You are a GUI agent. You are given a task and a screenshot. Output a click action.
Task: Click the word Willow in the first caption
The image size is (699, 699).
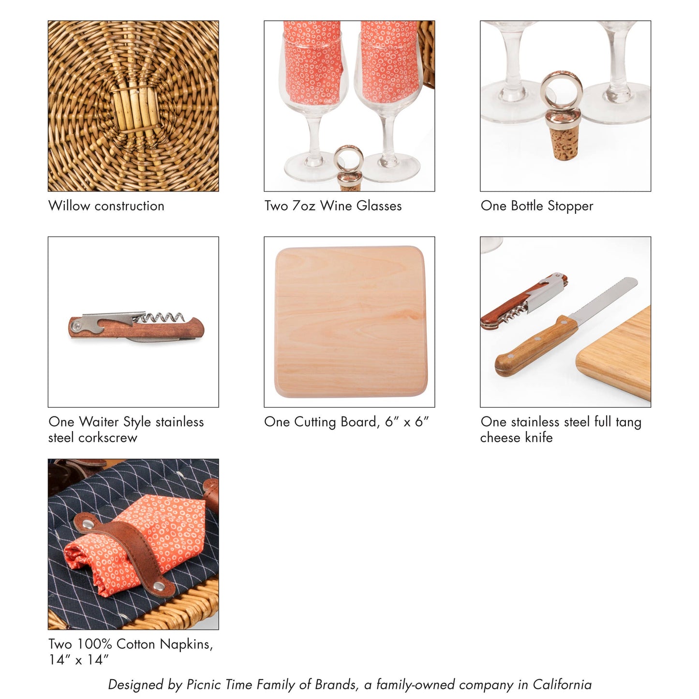pyautogui.click(x=69, y=206)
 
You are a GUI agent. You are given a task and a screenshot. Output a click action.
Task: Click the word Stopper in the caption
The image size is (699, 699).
pyautogui.click(x=570, y=206)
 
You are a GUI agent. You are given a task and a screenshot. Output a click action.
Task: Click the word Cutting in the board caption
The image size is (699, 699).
pyautogui.click(x=315, y=422)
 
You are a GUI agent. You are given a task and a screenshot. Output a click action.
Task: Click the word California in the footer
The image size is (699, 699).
pyautogui.click(x=562, y=684)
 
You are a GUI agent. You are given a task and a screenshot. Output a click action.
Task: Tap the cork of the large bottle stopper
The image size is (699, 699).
pyautogui.click(x=564, y=143)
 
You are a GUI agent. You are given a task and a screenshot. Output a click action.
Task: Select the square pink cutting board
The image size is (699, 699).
pyautogui.click(x=351, y=322)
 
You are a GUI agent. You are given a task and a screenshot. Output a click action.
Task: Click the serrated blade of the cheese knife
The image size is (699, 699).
pyautogui.click(x=603, y=301)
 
